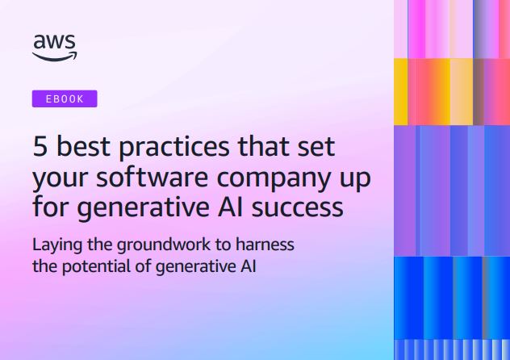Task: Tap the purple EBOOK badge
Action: (x=65, y=99)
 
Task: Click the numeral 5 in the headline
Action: (x=40, y=149)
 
